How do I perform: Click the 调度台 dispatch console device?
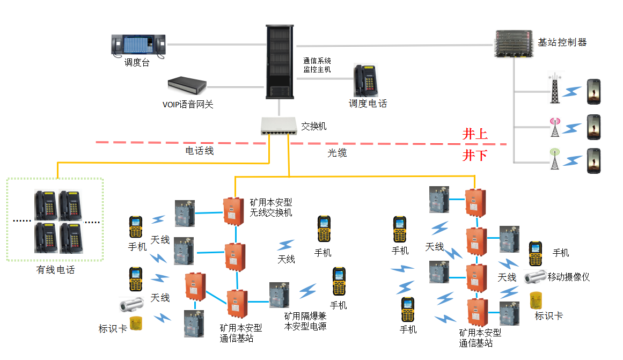(x=138, y=45)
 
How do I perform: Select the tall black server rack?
(x=281, y=62)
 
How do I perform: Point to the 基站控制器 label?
(x=562, y=42)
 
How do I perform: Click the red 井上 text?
(x=475, y=134)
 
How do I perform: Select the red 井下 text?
(x=475, y=156)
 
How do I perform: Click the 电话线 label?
(x=200, y=151)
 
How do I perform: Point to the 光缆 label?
(x=337, y=153)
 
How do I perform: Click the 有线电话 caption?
(x=55, y=269)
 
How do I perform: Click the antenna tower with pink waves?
(x=554, y=127)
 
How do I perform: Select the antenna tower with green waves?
(x=554, y=159)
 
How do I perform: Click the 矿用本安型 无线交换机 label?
(x=271, y=208)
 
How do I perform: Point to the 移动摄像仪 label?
(x=568, y=277)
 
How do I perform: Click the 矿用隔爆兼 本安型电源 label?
(x=305, y=321)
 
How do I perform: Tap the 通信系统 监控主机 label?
(x=317, y=65)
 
